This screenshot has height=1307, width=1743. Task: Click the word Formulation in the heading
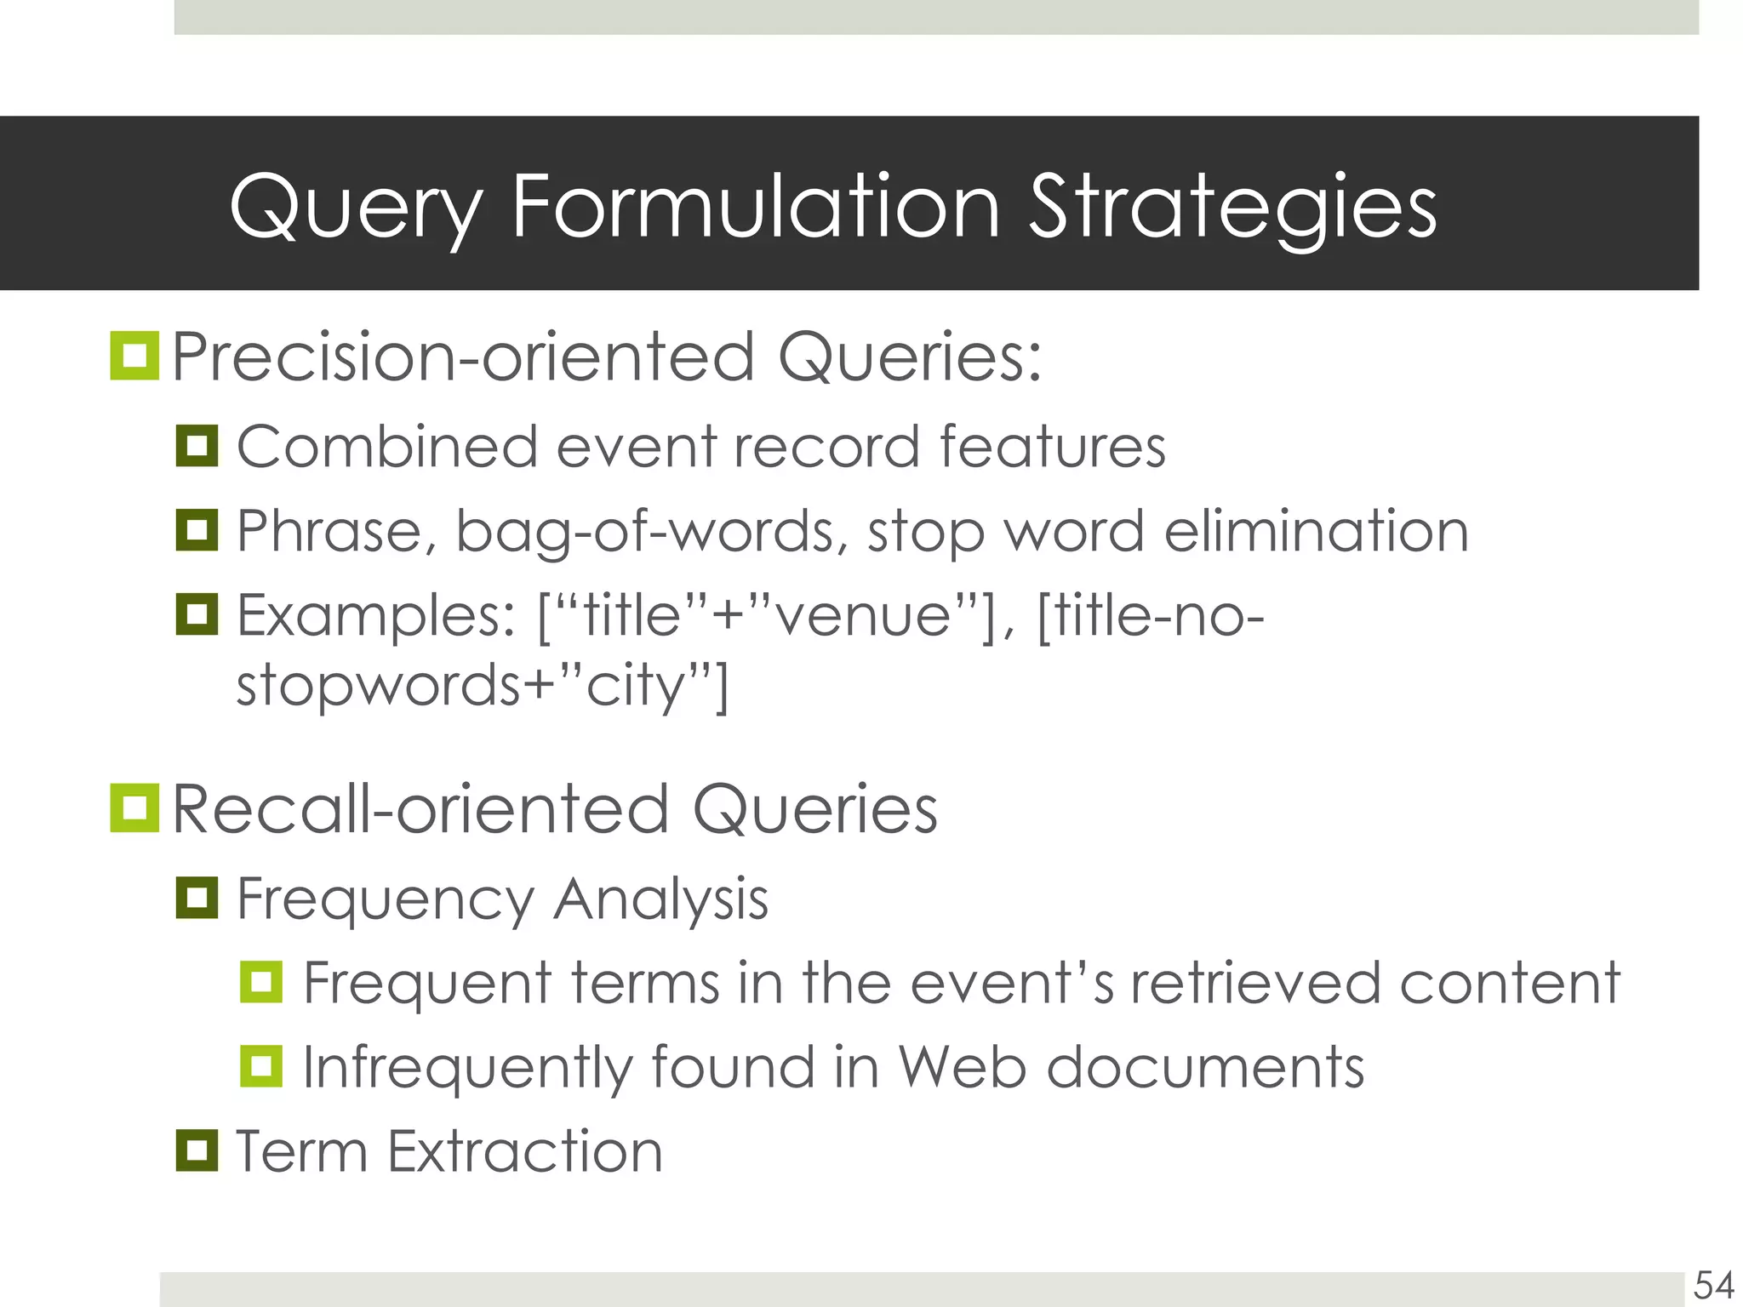pyautogui.click(x=756, y=207)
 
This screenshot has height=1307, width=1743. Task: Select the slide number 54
pyautogui.click(x=1713, y=1285)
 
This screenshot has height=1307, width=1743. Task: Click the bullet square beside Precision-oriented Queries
pyautogui.click(x=134, y=356)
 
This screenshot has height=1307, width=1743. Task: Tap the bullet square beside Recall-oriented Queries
pyautogui.click(x=134, y=808)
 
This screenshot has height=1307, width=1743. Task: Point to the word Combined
pyautogui.click(x=387, y=447)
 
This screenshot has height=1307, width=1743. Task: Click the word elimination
pyautogui.click(x=1316, y=531)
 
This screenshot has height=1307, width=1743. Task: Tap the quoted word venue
pyautogui.click(x=864, y=616)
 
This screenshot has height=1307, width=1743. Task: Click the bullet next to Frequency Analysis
pyautogui.click(x=197, y=898)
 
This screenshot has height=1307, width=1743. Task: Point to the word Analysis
pyautogui.click(x=660, y=900)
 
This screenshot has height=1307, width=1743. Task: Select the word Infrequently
pyautogui.click(x=467, y=1069)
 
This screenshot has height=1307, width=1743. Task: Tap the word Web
pyautogui.click(x=962, y=1067)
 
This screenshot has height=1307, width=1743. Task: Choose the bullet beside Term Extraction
pyautogui.click(x=197, y=1150)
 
